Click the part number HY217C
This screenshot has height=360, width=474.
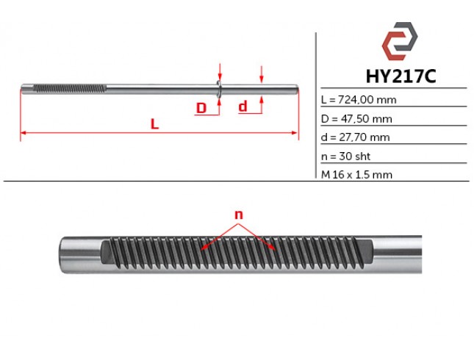(x=401, y=76)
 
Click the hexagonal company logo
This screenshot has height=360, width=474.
(x=400, y=41)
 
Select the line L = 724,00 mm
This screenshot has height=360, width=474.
(x=359, y=100)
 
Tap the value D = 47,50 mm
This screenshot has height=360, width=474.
(x=356, y=119)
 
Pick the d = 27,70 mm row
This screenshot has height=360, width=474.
(x=355, y=137)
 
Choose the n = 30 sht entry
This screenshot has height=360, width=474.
(x=345, y=156)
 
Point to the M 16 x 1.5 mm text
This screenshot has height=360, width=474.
(x=356, y=175)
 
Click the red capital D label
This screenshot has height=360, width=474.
(x=201, y=108)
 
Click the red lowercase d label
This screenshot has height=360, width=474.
(x=243, y=107)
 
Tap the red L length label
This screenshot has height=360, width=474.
(x=154, y=124)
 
